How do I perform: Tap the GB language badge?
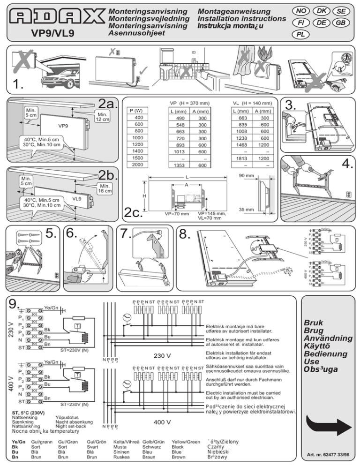(x=342, y=22)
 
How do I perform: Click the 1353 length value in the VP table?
(x=180, y=165)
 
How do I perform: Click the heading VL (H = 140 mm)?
(x=253, y=103)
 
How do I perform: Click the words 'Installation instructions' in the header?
(x=242, y=18)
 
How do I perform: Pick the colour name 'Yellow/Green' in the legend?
(x=186, y=442)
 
